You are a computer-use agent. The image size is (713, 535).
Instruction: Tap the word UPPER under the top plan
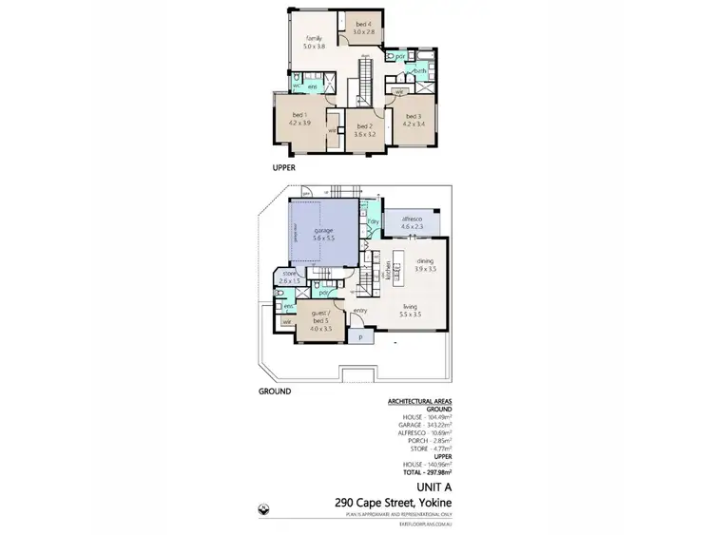(284, 167)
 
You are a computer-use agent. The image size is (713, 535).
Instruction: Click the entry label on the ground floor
(360, 310)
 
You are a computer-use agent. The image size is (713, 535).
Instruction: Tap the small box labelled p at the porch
(360, 336)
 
